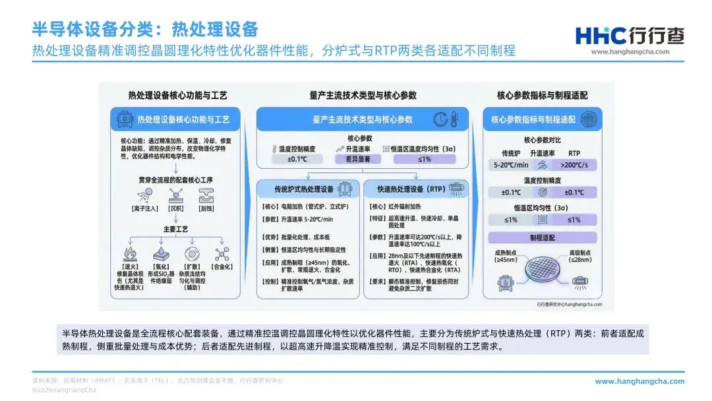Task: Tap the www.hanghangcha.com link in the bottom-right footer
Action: tap(639, 381)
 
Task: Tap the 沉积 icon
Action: tap(175, 195)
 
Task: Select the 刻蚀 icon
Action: tap(207, 195)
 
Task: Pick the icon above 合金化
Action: tap(222, 255)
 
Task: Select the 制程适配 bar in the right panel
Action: tap(543, 237)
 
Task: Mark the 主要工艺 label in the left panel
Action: tap(175, 229)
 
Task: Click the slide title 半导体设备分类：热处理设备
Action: tap(145, 30)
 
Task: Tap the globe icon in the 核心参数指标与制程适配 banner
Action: tap(588, 119)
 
